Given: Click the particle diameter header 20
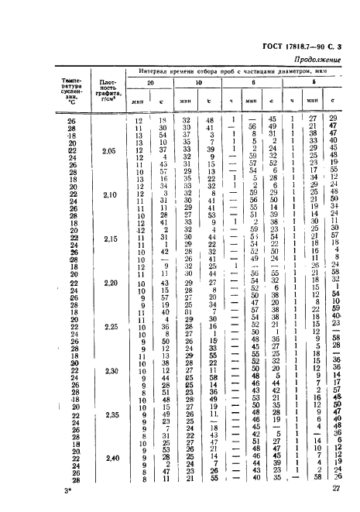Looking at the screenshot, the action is (x=152, y=81).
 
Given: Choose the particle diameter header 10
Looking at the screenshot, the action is (x=198, y=81).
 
